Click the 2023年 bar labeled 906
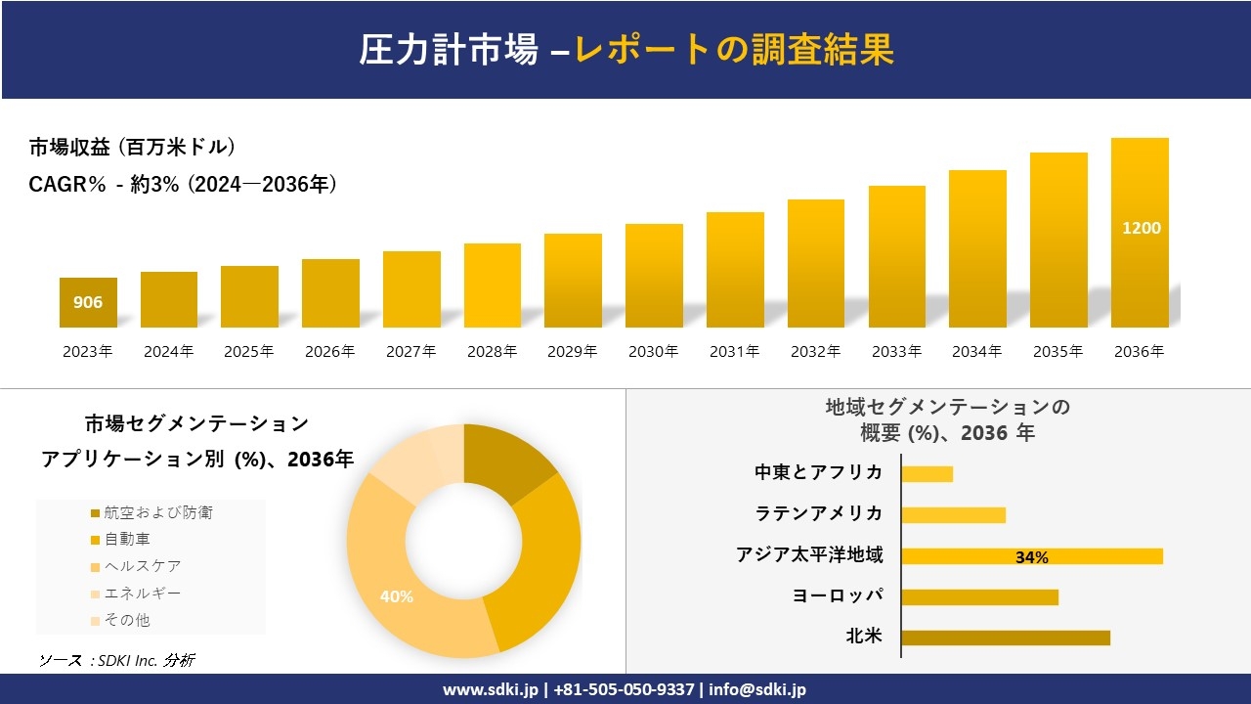point(88,302)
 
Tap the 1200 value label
point(1141,228)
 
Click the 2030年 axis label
point(653,352)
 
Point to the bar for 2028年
point(492,286)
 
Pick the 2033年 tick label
point(895,352)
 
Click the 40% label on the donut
point(396,596)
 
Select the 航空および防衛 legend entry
point(157,512)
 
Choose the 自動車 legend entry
point(127,539)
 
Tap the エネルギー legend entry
point(142,593)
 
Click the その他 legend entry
point(127,620)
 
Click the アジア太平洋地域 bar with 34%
point(1031,556)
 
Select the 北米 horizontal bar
point(1005,638)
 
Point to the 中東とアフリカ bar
point(927,474)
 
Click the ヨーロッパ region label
point(838,595)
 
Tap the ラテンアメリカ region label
point(818,513)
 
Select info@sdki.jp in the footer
point(757,689)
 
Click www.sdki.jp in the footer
point(490,689)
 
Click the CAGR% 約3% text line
point(184,184)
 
